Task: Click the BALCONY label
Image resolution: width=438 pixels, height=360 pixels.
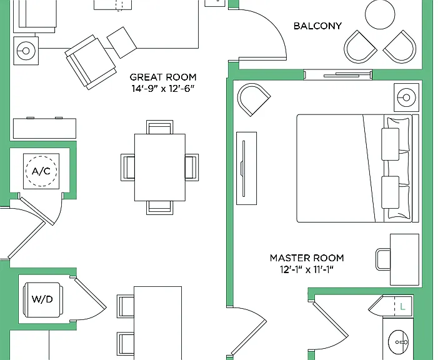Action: pyautogui.click(x=317, y=26)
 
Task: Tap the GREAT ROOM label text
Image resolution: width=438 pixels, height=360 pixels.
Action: pyautogui.click(x=163, y=77)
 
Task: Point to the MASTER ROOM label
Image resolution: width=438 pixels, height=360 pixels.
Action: pyautogui.click(x=307, y=258)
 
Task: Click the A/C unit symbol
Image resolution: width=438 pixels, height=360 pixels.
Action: pyautogui.click(x=41, y=171)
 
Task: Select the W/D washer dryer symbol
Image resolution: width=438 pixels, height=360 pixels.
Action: pyautogui.click(x=42, y=299)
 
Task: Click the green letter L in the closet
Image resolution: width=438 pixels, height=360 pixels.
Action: pyautogui.click(x=402, y=307)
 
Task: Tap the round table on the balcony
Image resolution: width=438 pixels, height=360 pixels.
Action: pyautogui.click(x=380, y=14)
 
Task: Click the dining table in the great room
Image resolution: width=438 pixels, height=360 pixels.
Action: pyautogui.click(x=160, y=167)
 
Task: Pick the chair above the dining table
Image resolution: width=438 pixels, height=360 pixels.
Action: pyautogui.click(x=159, y=127)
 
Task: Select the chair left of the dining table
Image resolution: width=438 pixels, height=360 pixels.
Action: pyautogui.click(x=127, y=167)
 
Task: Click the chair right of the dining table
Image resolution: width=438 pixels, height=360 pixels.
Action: pyautogui.click(x=192, y=167)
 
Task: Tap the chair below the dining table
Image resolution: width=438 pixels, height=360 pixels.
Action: pyautogui.click(x=159, y=207)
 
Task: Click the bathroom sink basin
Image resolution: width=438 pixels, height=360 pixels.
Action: pyautogui.click(x=399, y=341)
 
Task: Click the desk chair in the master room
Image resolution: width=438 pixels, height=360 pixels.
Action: pyautogui.click(x=383, y=259)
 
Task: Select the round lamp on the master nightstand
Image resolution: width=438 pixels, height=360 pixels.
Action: pyautogui.click(x=406, y=97)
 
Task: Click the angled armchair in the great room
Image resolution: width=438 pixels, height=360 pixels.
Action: pyautogui.click(x=91, y=62)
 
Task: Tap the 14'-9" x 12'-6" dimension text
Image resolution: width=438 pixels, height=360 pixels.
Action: pyautogui.click(x=163, y=89)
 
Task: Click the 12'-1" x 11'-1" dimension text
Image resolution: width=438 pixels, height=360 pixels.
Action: pyautogui.click(x=307, y=270)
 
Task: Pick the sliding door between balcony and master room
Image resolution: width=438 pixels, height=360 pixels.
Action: pyautogui.click(x=338, y=75)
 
